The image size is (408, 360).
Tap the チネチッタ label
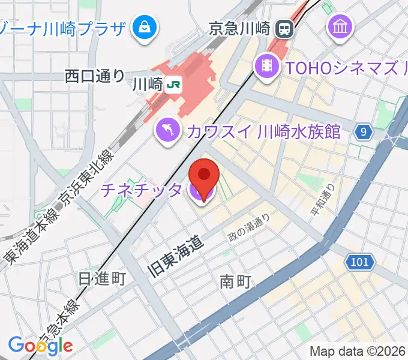click(142, 190)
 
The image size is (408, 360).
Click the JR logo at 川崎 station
click(173, 85)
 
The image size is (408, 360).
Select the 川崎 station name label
click(146, 85)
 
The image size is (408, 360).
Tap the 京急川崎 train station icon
click(283, 28)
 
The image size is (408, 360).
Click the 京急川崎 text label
click(240, 28)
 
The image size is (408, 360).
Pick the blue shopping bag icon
click(145, 28)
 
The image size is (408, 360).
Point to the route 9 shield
click(362, 132)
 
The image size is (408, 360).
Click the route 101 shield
click(360, 262)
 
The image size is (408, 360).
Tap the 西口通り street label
click(95, 76)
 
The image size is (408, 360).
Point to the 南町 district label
click(235, 281)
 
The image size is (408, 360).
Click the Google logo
click(40, 345)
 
